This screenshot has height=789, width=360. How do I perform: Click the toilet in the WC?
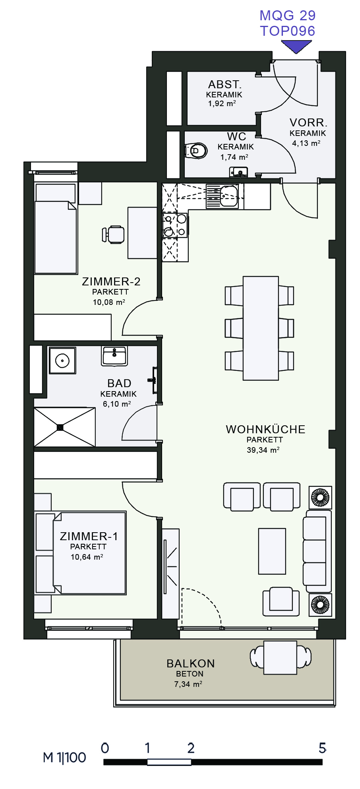[x=196, y=151]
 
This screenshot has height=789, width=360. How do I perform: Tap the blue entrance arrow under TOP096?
[x=296, y=47]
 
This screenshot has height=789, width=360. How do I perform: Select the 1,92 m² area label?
[x=222, y=104]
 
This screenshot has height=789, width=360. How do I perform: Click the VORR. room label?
[x=308, y=122]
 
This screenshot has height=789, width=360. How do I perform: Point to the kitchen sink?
[x=222, y=196]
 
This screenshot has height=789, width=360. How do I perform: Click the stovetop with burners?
[x=175, y=225]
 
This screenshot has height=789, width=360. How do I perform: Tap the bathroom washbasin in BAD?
[x=114, y=356]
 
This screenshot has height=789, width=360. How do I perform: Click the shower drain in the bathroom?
[x=60, y=427]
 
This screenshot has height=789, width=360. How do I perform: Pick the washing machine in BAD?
[x=62, y=361]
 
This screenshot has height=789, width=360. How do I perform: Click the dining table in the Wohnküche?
[x=261, y=328]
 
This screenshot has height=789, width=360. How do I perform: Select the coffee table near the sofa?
[x=272, y=551]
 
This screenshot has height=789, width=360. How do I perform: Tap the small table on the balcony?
[x=280, y=657]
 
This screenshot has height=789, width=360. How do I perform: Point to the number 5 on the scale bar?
[x=322, y=748]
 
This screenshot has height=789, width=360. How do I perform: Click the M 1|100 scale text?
[x=64, y=758]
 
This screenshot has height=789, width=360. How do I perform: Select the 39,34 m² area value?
[x=263, y=450]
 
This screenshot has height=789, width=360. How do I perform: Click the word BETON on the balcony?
[x=190, y=674]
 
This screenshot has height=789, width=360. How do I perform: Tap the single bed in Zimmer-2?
[x=56, y=229]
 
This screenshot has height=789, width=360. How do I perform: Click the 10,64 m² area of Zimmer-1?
[x=87, y=557]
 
